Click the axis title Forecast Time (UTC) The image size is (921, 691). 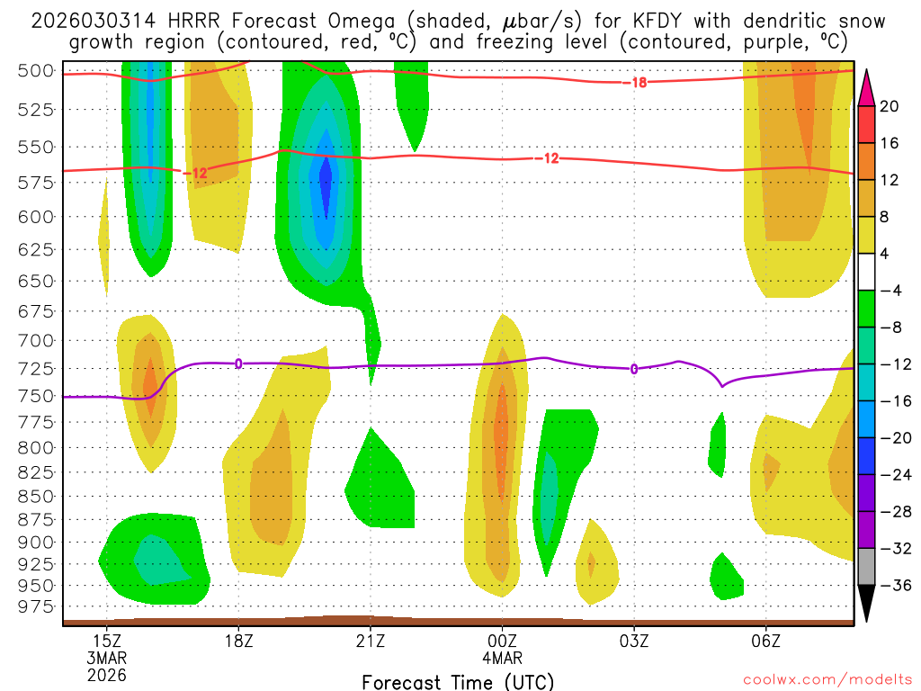[458, 681]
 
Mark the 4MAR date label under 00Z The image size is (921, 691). [502, 657]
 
